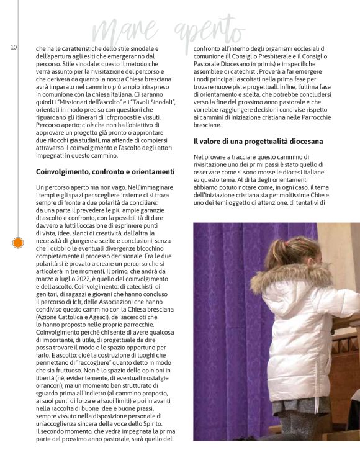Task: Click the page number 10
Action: (x=13, y=48)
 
